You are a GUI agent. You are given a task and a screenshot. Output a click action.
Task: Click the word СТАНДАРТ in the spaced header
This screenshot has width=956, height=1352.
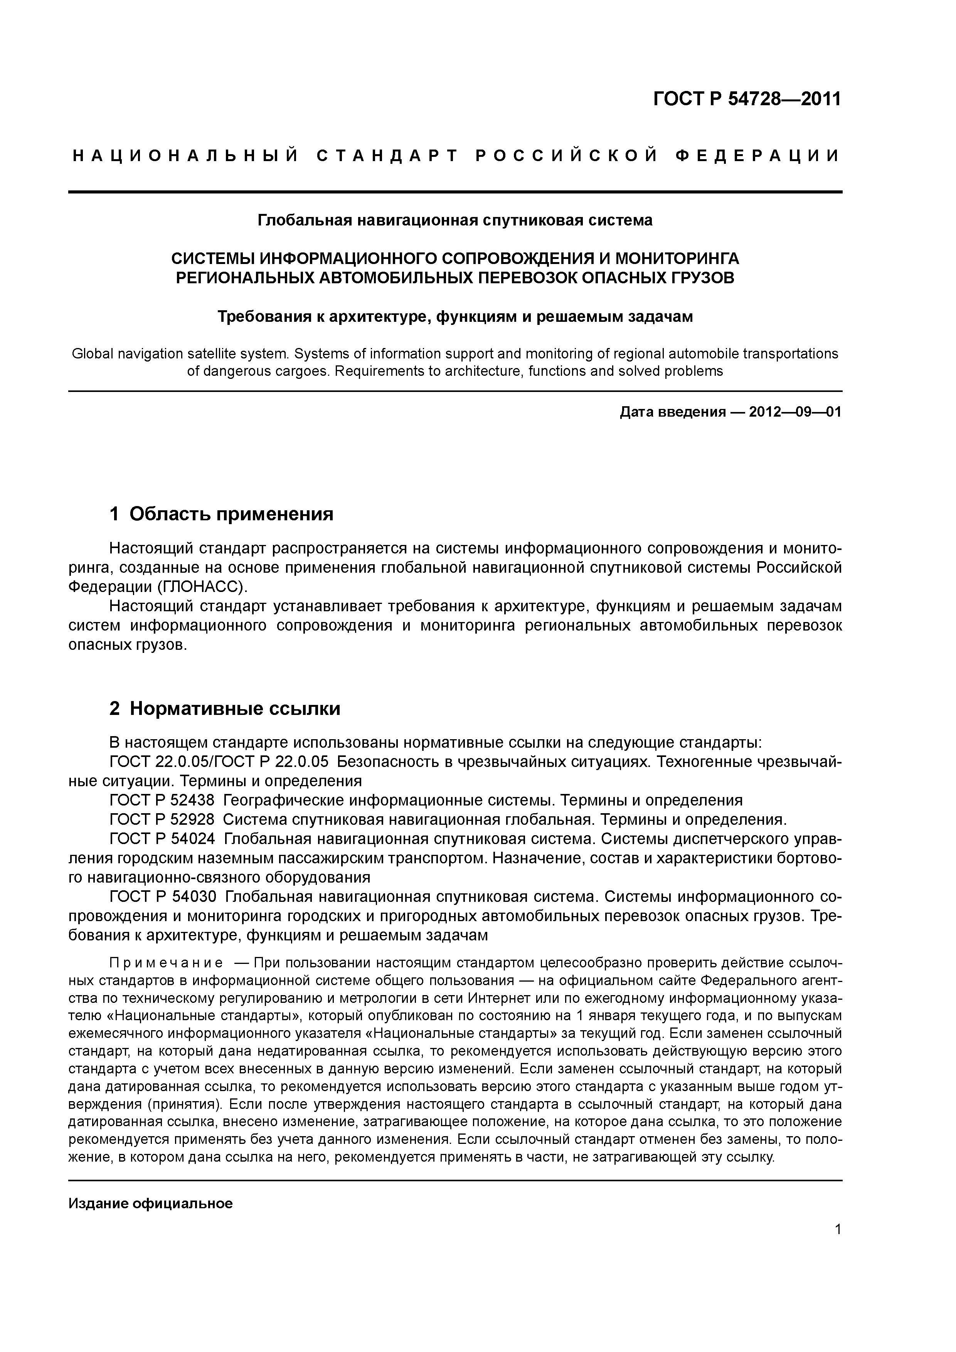coord(387,155)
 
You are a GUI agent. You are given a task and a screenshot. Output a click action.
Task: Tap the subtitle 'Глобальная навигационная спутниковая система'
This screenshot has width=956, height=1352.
coord(455,220)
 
